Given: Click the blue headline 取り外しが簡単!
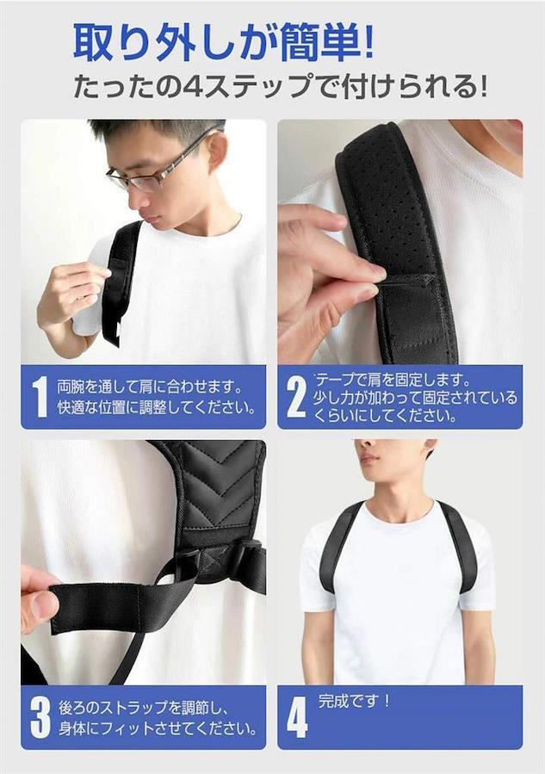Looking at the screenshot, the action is click(224, 42).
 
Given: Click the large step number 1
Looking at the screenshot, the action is click(40, 397).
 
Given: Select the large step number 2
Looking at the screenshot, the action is click(296, 397).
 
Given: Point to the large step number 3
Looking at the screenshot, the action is click(40, 718).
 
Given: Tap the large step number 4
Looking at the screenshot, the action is click(297, 718).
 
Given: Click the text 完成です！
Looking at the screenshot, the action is click(355, 701).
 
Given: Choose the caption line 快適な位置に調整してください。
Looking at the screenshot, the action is click(157, 409).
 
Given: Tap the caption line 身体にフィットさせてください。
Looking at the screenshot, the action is click(158, 728).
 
